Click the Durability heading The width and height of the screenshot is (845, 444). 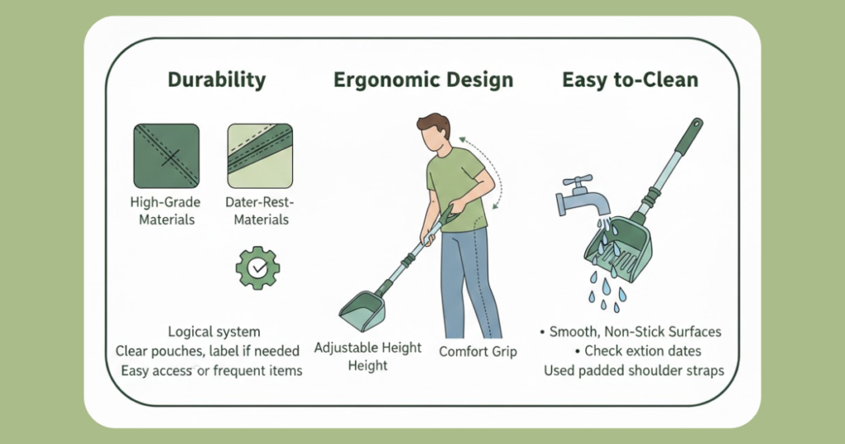click(217, 80)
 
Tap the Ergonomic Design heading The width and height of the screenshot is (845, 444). click(423, 80)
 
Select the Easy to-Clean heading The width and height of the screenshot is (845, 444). click(630, 80)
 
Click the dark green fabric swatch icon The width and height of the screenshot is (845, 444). click(167, 156)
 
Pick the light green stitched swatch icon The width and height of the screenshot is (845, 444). click(260, 156)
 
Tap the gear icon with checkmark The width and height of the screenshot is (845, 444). click(258, 267)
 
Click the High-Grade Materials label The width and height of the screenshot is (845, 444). click(166, 210)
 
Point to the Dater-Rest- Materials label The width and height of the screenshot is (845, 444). click(261, 210)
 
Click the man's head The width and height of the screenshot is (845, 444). click(434, 133)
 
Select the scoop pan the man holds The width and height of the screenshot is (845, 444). click(363, 311)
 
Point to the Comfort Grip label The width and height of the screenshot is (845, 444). click(478, 352)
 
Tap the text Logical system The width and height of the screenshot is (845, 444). click(214, 332)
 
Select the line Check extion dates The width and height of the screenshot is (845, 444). click(638, 351)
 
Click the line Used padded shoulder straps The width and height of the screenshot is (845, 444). click(634, 371)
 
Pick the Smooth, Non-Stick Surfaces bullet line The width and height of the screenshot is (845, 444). click(630, 332)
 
